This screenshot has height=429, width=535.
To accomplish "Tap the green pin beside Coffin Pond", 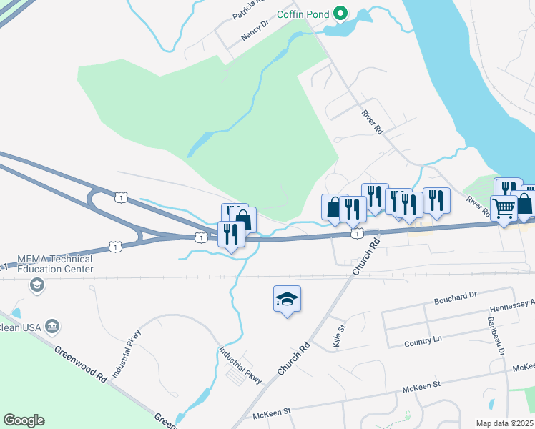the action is point(341,12).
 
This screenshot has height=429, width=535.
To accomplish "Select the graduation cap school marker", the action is point(287,299).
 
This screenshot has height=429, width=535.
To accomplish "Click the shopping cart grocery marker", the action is point(504,209).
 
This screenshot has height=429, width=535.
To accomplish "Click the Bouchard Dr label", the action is point(456,296).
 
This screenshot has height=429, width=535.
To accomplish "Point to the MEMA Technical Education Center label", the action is point(47,264).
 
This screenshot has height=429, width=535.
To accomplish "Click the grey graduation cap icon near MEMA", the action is point(35,285).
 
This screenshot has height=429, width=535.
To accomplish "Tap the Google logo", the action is point(24,420).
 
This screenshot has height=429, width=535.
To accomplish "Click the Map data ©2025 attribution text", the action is point(505,423).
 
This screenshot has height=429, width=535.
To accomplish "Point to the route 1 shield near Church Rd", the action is point(356,234).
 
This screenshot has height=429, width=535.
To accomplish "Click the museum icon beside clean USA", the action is point(52,326).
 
